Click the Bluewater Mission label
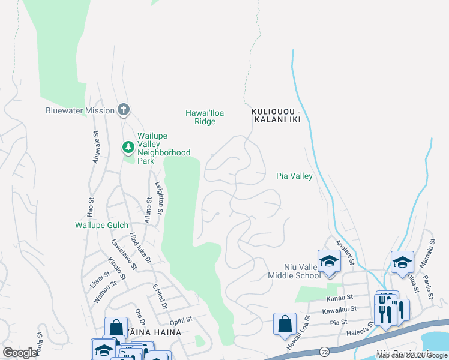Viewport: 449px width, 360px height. click(x=80, y=110)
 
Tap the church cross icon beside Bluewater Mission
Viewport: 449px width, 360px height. click(x=124, y=110)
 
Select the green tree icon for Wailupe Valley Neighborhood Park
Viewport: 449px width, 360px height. click(x=128, y=146)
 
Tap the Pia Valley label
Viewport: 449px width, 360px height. click(x=294, y=176)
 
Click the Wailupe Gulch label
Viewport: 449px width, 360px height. click(x=101, y=225)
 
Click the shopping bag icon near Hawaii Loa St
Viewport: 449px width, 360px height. click(x=285, y=323)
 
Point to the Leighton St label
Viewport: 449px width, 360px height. click(x=160, y=199)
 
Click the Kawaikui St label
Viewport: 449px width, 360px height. click(x=339, y=309)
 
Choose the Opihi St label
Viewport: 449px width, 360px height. click(x=180, y=319)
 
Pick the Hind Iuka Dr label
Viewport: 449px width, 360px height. click(x=139, y=249)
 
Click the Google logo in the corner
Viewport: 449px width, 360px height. click(x=20, y=353)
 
